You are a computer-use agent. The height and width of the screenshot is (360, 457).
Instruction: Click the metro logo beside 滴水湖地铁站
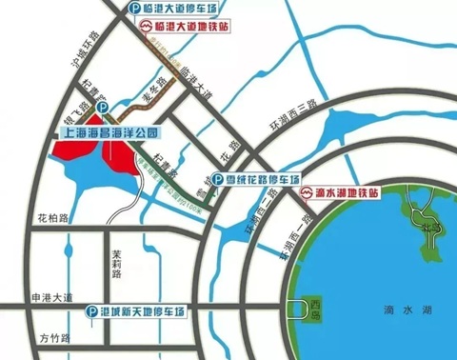point(306,192)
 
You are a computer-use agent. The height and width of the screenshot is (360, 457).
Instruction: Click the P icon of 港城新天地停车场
point(91,311)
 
